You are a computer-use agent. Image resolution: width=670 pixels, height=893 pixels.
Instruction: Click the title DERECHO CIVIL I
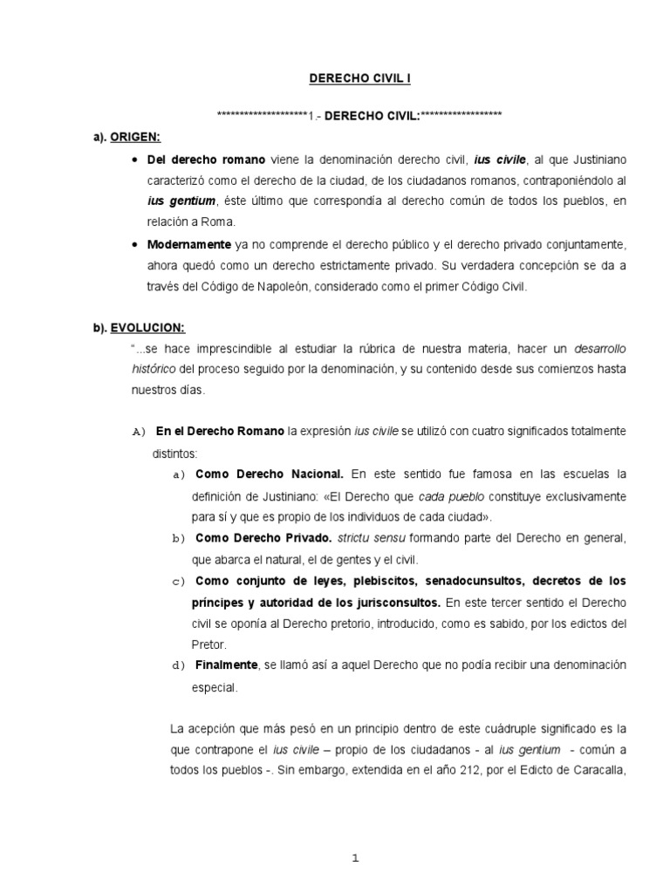(360, 78)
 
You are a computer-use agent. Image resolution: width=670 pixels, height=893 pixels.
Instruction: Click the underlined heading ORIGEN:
(135, 138)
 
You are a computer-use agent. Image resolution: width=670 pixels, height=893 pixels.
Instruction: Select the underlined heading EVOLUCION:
(147, 327)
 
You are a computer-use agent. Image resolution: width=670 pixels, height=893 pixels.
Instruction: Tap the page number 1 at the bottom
(354, 859)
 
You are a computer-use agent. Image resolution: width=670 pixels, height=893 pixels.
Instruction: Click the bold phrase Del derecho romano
(196, 160)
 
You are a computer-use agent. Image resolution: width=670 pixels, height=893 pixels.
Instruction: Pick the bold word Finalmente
(227, 665)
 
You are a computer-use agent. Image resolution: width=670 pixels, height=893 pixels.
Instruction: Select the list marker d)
(179, 665)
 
